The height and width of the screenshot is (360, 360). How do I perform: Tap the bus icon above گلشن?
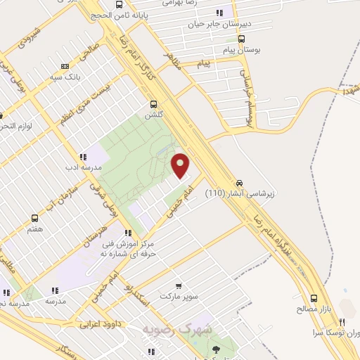pyautogui.click(x=153, y=103)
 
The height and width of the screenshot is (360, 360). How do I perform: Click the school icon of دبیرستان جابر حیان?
pyautogui.click(x=220, y=13)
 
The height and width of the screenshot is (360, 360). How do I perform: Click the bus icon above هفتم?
pyautogui.click(x=34, y=219)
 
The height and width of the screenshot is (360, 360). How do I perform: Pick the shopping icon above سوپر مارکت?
pyautogui.click(x=179, y=286)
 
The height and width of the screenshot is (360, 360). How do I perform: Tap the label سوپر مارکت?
pyautogui.click(x=179, y=297)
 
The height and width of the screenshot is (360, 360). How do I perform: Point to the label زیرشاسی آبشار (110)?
pyautogui.click(x=242, y=191)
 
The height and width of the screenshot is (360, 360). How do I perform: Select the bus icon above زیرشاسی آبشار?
pyautogui.click(x=239, y=180)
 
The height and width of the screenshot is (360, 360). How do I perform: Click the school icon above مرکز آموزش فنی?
pyautogui.click(x=127, y=233)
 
